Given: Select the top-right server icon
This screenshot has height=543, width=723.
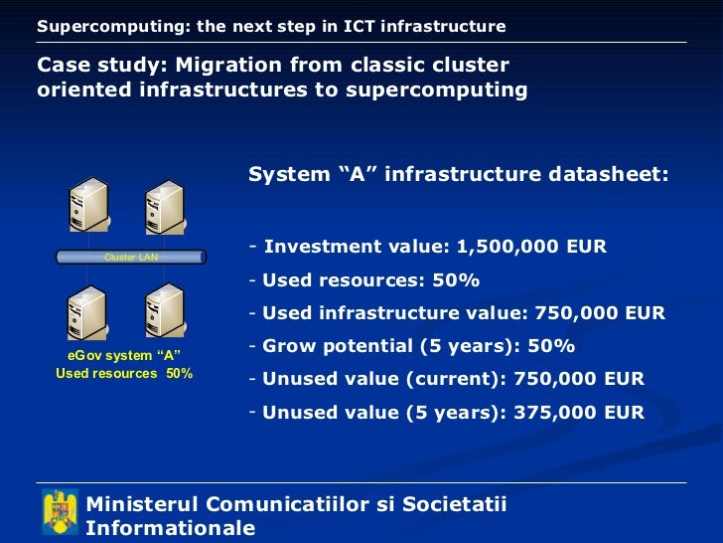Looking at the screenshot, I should (164, 208).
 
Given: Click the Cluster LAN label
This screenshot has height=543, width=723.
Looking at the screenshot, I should (131, 257).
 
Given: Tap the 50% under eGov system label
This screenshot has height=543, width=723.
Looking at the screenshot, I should (180, 374).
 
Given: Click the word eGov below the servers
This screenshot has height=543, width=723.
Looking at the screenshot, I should (84, 356).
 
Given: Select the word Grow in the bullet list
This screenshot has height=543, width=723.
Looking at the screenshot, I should (287, 346).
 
